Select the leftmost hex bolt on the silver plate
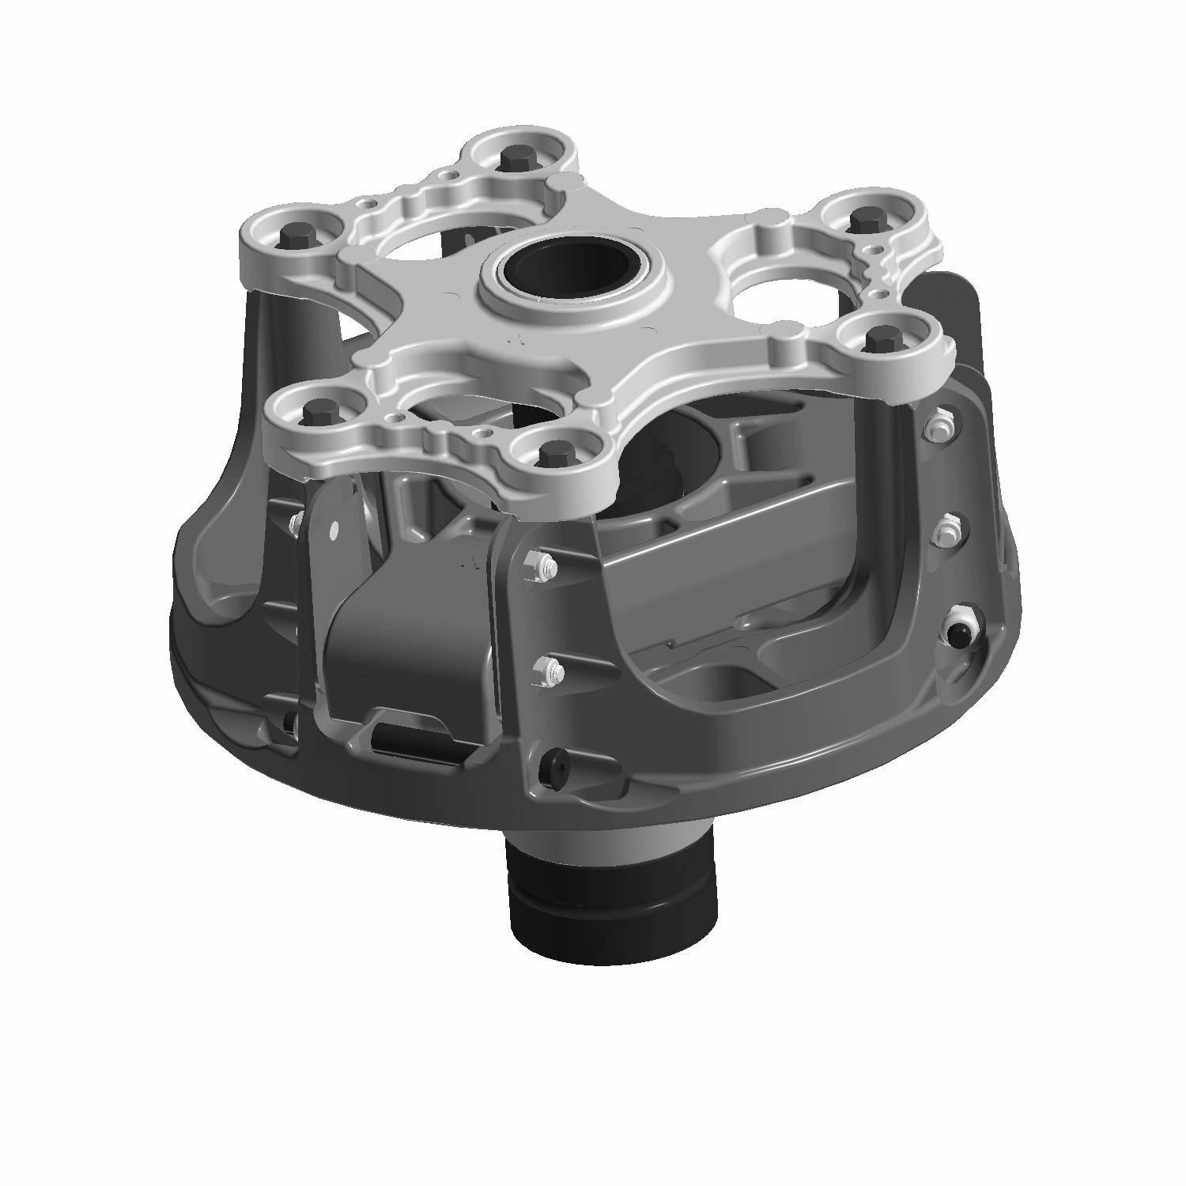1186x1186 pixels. point(289,236)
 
